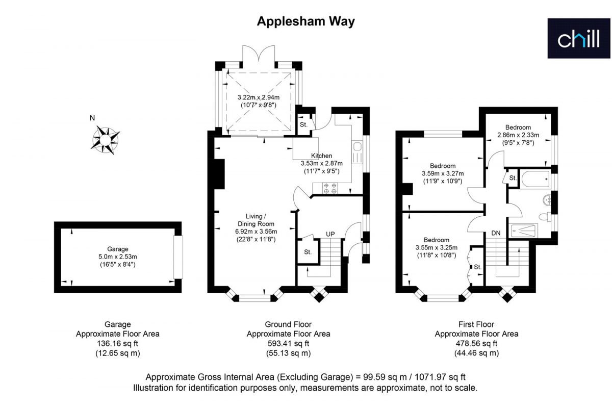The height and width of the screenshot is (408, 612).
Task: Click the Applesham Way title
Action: (305, 21)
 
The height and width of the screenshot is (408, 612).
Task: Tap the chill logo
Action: (579, 39)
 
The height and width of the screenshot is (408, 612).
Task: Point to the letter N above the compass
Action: (92, 118)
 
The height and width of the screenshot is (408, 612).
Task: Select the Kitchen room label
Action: (322, 156)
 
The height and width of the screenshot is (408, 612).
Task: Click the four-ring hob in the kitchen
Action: (330, 188)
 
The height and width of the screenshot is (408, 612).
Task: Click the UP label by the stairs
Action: (330, 234)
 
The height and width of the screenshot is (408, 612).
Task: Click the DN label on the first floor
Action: (496, 233)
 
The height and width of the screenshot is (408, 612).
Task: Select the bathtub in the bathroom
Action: (535, 179)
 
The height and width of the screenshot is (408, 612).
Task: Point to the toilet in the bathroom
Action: (545, 217)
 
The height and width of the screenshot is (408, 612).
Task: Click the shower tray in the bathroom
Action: (523, 231)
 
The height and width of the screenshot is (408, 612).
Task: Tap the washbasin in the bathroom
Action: (547, 200)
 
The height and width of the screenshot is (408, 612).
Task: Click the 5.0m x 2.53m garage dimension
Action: (118, 257)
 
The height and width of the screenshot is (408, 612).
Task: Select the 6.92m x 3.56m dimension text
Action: (256, 232)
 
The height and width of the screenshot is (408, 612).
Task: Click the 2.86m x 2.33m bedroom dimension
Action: (518, 135)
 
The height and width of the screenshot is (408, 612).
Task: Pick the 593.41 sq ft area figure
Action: (288, 344)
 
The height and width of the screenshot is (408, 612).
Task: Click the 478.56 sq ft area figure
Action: (476, 344)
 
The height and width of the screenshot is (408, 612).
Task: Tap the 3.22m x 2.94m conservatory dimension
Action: (259, 97)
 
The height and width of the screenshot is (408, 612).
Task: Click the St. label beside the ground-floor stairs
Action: (308, 252)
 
